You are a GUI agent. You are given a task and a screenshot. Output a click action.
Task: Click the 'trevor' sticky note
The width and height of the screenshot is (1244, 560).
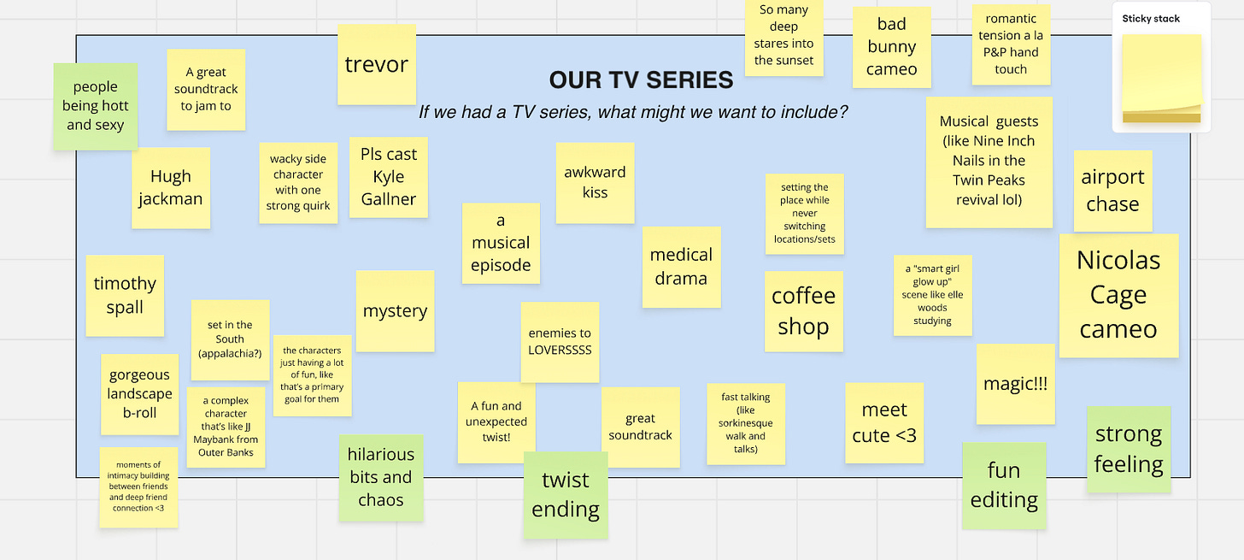[376, 64]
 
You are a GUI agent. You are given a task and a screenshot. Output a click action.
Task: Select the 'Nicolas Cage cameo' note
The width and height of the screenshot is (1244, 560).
[1118, 295]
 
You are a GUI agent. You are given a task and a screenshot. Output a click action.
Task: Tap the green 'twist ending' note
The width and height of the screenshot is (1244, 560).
[566, 494]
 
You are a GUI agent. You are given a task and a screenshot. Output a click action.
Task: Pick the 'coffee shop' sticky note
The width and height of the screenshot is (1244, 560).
[803, 311]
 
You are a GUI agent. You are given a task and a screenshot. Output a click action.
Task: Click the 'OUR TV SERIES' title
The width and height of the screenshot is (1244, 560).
[641, 80]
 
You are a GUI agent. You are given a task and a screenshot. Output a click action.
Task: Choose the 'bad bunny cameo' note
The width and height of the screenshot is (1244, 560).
[891, 47]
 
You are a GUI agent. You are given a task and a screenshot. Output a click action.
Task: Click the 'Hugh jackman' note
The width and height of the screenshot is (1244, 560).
[171, 187]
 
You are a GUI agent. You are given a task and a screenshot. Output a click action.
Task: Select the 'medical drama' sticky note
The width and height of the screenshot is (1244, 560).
[681, 267]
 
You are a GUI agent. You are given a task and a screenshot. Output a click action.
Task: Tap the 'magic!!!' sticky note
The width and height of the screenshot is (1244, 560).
[1015, 384]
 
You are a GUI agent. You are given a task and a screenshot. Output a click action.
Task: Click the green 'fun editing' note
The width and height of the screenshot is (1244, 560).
[1004, 485]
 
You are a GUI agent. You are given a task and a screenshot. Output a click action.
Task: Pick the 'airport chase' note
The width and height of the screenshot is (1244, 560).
[1112, 191]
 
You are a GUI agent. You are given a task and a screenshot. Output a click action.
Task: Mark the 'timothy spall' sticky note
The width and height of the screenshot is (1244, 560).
[125, 295]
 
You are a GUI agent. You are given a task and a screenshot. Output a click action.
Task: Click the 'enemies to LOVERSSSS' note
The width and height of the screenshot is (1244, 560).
[560, 342]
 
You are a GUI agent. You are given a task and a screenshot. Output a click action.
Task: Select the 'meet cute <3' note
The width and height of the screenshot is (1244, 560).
[884, 422]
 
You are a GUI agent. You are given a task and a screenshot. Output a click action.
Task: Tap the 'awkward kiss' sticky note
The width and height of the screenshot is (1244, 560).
[595, 182]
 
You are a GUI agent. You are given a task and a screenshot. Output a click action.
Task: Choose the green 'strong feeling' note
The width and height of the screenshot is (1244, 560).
[1129, 449]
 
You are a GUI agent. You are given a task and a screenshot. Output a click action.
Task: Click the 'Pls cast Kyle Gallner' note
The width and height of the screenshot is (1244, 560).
[389, 177]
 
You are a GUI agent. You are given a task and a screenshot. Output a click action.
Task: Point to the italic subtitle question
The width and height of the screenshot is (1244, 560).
[632, 112]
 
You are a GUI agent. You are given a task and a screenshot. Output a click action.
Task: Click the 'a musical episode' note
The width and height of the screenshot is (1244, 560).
[501, 243]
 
